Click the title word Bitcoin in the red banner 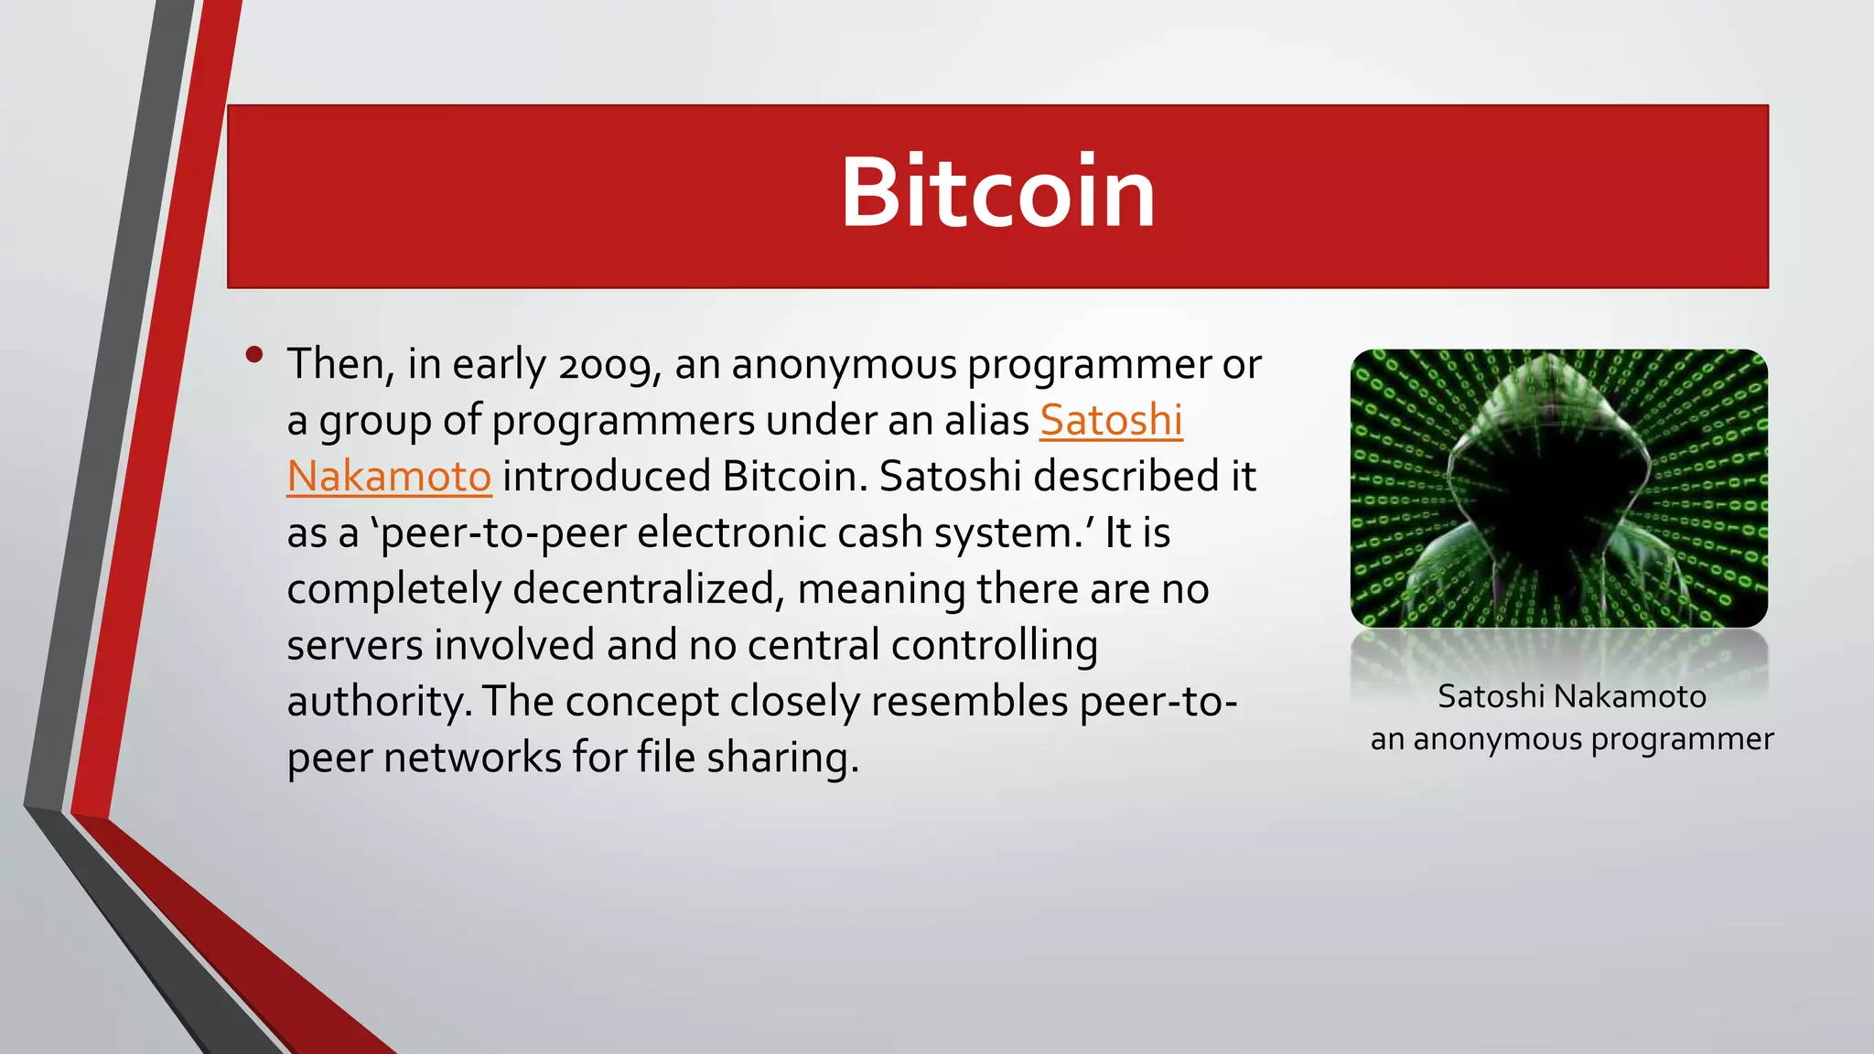pyautogui.click(x=997, y=193)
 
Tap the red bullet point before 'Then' pyautogui.click(x=254, y=354)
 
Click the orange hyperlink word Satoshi pyautogui.click(x=1111, y=421)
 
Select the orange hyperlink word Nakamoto pyautogui.click(x=389, y=477)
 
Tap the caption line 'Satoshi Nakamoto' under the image pyautogui.click(x=1571, y=697)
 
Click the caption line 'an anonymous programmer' pyautogui.click(x=1571, y=739)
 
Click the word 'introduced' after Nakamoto pyautogui.click(x=607, y=477)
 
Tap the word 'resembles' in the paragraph pyautogui.click(x=969, y=703)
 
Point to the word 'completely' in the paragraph pyautogui.click(x=393, y=589)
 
